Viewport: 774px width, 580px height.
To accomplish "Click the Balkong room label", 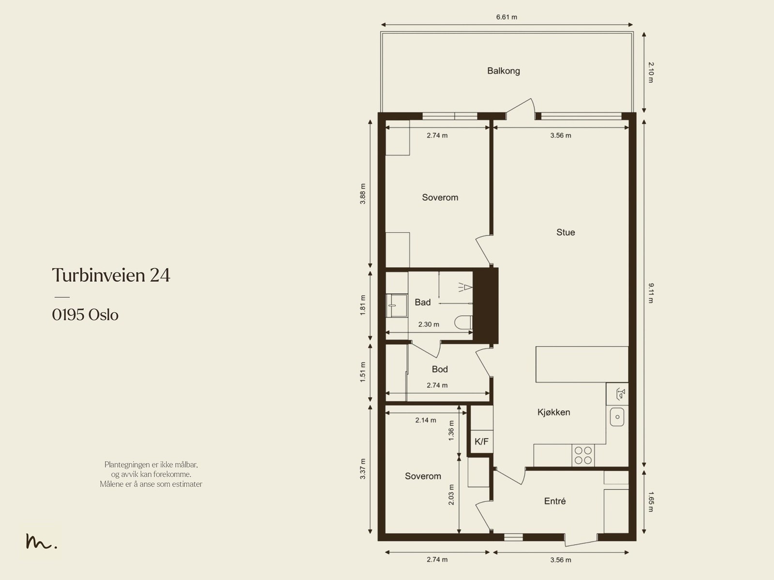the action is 504,71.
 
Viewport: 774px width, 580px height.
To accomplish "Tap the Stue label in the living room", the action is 566,232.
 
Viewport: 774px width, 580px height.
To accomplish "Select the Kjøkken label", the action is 553,412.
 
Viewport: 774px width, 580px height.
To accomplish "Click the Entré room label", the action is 555,501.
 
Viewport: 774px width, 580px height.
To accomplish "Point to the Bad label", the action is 422,302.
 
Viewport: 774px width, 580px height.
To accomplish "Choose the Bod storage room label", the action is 440,369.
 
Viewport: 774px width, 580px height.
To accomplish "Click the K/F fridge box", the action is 482,442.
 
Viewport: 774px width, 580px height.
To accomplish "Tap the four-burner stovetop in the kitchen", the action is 583,455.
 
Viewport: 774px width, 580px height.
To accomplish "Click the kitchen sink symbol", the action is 617,417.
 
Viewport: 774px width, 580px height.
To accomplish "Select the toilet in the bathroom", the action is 463,322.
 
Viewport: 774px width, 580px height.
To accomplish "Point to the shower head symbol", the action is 465,287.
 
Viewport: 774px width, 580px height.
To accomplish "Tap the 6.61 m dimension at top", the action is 506,17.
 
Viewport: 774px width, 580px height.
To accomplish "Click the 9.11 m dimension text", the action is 651,293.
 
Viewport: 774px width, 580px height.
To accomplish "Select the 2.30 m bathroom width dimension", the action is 429,324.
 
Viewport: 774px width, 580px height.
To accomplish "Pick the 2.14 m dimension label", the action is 426,420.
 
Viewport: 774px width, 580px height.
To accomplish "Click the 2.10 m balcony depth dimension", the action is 651,72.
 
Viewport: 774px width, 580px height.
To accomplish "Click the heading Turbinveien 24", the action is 111,275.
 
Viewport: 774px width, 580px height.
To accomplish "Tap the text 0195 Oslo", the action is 85,315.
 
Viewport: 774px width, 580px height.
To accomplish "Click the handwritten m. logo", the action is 41,541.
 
